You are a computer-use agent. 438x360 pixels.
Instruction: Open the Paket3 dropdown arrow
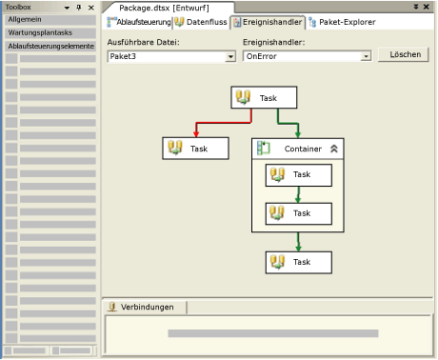230,57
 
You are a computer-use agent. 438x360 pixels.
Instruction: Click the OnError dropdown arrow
366,57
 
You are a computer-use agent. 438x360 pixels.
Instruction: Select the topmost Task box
266,97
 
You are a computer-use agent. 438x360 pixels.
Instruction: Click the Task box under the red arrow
196,148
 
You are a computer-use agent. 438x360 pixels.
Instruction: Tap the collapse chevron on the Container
334,149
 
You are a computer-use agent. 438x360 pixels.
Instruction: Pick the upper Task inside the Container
298,174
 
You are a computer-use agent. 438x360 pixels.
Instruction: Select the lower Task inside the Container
298,213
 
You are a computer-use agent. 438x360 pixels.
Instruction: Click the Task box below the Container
298,262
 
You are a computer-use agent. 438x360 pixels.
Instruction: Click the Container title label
302,149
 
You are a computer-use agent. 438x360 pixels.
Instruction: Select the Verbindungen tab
147,307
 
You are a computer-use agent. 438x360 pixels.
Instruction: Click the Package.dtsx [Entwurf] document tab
163,8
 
